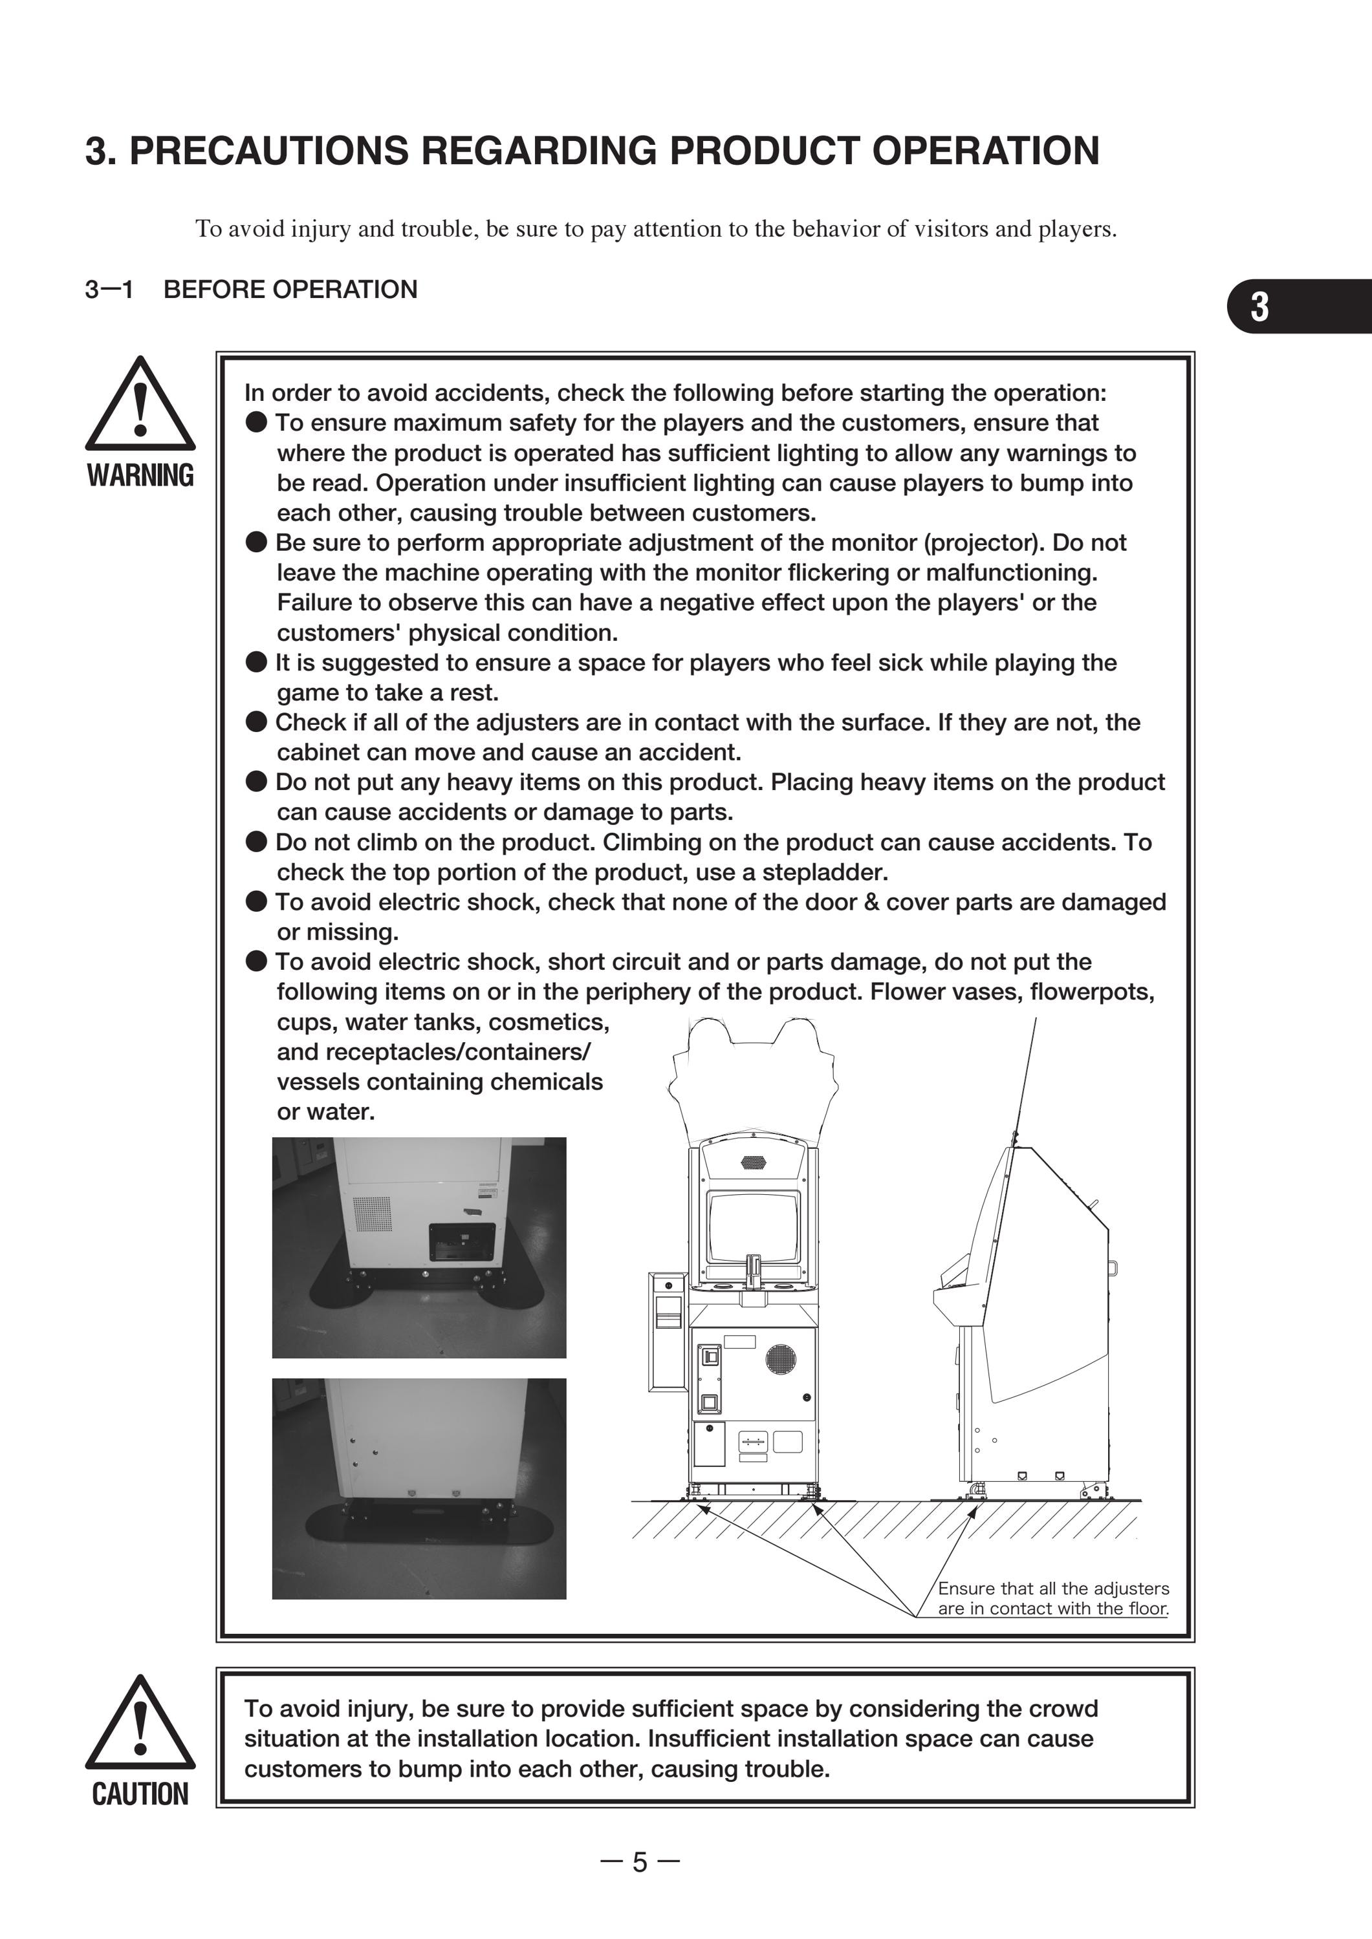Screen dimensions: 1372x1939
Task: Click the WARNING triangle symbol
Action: (x=140, y=403)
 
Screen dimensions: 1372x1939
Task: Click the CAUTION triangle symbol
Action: (x=140, y=1723)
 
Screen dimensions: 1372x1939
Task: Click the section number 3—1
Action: (x=110, y=290)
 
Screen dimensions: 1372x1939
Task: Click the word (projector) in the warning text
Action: (x=979, y=542)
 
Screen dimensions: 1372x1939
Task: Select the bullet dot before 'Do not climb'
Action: (x=257, y=842)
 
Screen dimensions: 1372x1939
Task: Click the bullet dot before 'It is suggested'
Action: (x=257, y=662)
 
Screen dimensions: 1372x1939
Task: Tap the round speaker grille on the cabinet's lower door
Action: (x=781, y=1357)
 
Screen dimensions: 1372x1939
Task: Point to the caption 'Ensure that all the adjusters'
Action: (x=1054, y=1588)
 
